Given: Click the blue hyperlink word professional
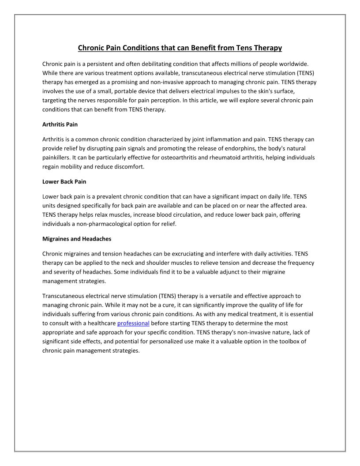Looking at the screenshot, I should pyautogui.click(x=133, y=323).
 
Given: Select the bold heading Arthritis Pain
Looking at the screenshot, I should pyautogui.click(x=60, y=124).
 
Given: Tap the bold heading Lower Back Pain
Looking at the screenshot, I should pyautogui.click(x=64, y=181).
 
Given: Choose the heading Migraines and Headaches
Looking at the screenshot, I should pyautogui.click(x=77, y=239).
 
